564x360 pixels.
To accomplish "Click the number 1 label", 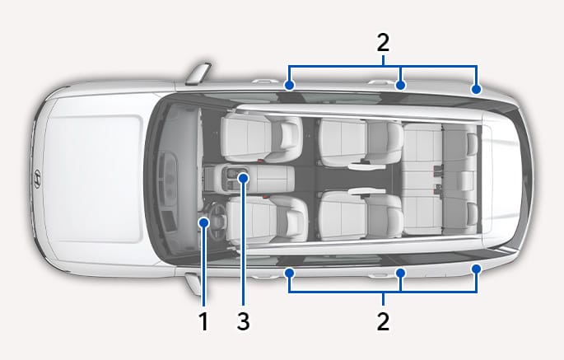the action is [x=204, y=321].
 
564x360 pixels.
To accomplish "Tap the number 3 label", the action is [x=244, y=321].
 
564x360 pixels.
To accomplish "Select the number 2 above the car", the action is [x=383, y=43].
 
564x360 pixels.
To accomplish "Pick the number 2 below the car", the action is [x=383, y=321].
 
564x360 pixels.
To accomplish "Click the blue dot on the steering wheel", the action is [x=204, y=223].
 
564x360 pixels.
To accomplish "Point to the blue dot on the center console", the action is [x=244, y=178].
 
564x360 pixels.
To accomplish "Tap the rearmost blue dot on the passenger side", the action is [x=476, y=89].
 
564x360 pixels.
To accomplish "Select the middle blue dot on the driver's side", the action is [x=400, y=273].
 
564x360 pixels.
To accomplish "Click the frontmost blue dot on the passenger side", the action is [x=289, y=86].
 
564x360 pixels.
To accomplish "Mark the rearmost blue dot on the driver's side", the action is [x=476, y=269].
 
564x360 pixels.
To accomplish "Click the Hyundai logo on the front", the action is [x=37, y=179].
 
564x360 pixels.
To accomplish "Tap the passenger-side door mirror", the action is [x=198, y=73].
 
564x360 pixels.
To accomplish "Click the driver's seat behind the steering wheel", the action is [x=267, y=219].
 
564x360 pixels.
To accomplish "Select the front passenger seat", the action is [x=262, y=137].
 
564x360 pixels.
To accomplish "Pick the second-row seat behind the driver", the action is [x=361, y=215].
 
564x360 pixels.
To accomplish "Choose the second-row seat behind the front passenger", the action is [x=361, y=143].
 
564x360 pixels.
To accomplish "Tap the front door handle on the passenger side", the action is [x=265, y=81].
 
